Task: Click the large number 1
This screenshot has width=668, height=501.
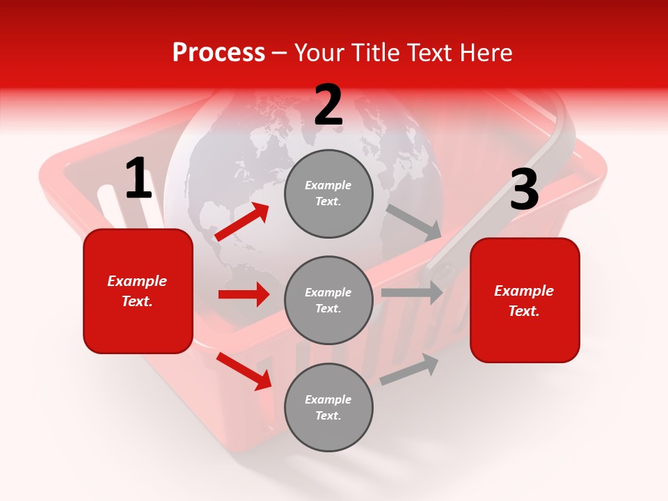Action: (138, 179)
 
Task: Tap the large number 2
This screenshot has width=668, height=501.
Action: (328, 105)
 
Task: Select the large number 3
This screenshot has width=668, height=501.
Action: (524, 190)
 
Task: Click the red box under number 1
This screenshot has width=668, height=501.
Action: (138, 291)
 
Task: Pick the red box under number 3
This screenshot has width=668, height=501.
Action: (525, 300)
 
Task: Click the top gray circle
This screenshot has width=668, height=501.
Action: (328, 193)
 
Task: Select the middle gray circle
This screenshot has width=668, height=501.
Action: (328, 300)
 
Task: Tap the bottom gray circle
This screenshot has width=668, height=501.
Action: (328, 407)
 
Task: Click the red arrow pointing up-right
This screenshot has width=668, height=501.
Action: (242, 222)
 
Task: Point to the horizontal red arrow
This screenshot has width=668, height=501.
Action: (244, 294)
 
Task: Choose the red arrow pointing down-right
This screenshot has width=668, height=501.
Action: (244, 371)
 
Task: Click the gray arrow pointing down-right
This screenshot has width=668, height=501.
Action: (414, 222)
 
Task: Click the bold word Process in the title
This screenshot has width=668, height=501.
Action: (218, 52)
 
